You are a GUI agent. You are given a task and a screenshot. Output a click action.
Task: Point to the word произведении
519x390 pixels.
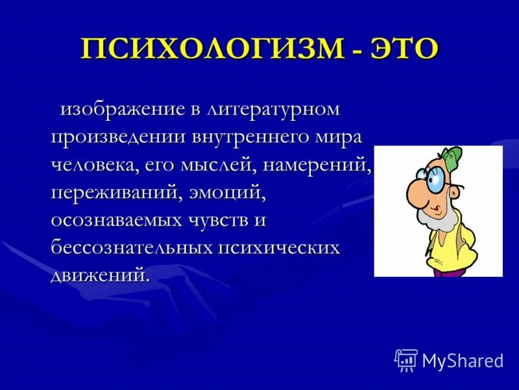click(116, 138)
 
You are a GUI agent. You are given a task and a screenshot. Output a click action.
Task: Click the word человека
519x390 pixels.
click(93, 166)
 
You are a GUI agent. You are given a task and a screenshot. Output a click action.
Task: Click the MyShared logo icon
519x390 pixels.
click(405, 359)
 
